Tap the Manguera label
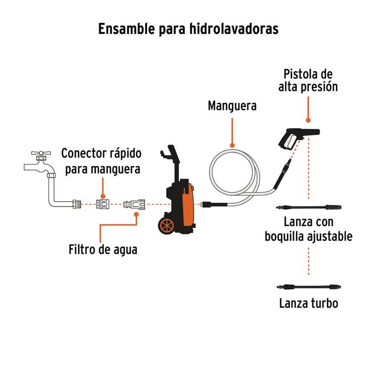point(232,106)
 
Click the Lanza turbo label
point(308,303)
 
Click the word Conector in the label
point(83,154)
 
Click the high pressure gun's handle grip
point(287,141)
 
